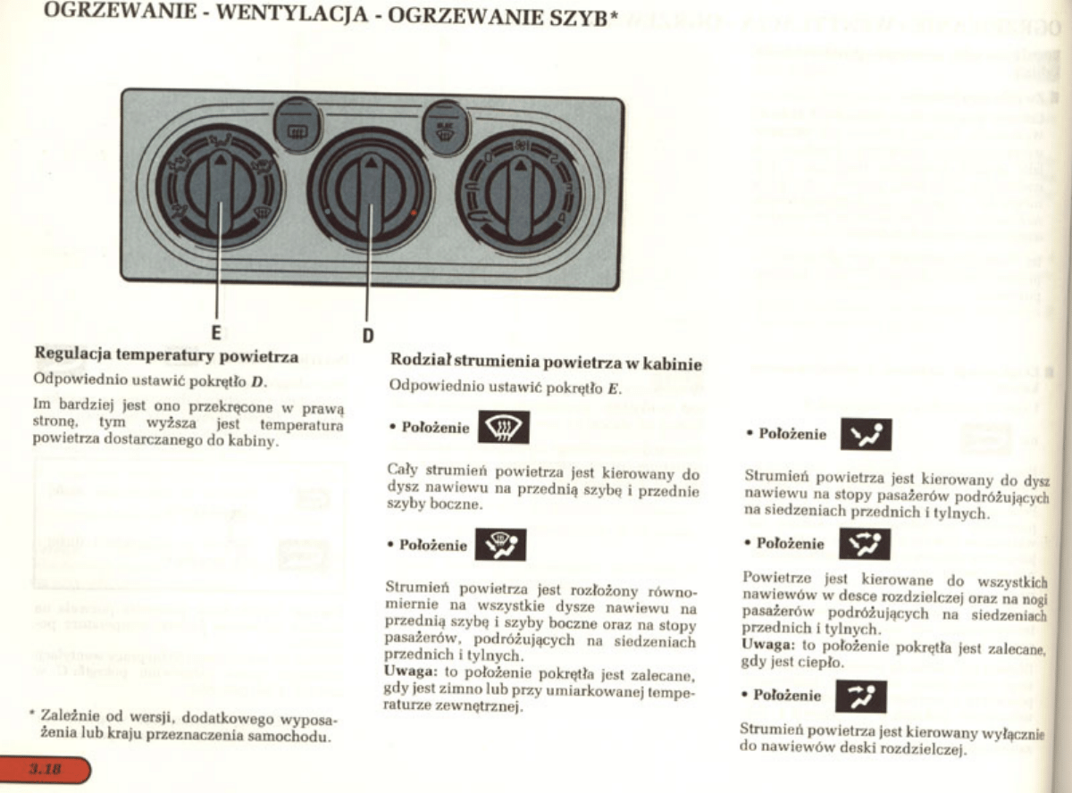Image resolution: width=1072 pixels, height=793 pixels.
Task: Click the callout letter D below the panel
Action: click(367, 337)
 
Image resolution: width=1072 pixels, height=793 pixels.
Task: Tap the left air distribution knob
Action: click(219, 187)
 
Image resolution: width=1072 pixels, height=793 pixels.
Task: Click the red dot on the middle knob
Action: click(412, 213)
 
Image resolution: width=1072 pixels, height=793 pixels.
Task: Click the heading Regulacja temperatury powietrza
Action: click(165, 357)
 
